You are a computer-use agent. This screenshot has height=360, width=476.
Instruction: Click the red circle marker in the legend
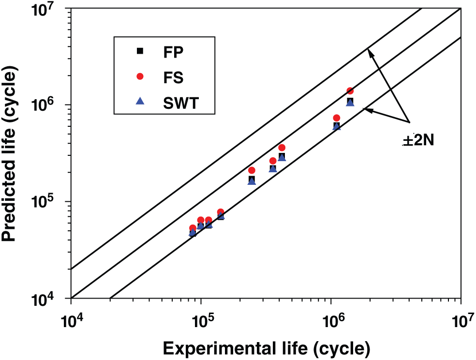tap(140, 76)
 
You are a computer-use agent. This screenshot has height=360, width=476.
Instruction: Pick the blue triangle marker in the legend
tap(140, 101)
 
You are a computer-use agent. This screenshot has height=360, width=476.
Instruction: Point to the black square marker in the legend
tap(140, 51)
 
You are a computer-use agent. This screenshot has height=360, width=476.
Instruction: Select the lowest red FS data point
tap(193, 228)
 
